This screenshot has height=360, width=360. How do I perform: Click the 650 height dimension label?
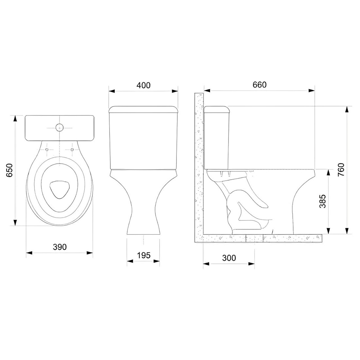tap(9, 170)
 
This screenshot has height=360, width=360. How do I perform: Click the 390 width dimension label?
tap(60, 247)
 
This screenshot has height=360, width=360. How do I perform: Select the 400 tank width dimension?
tap(143, 85)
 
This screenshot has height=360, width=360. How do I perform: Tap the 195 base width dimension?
tap(144, 255)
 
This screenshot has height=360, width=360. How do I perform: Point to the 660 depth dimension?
tap(260, 84)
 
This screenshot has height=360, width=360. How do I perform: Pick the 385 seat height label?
tap(323, 201)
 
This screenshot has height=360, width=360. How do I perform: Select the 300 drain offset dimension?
tap(229, 258)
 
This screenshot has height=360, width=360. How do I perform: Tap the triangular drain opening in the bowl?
tap(60, 189)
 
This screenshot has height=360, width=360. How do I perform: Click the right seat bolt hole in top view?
tap(72, 150)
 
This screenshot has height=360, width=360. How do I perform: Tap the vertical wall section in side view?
tap(198, 164)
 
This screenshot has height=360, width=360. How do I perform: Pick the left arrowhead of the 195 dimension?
tap(129, 261)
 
